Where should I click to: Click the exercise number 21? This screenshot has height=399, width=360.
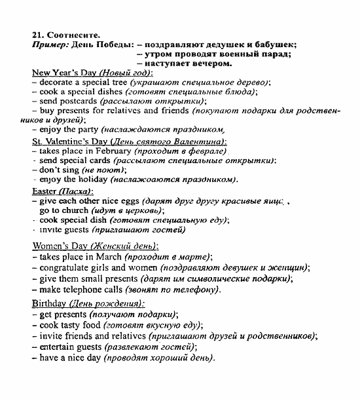coord(37,35)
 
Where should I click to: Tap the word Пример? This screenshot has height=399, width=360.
coord(49,45)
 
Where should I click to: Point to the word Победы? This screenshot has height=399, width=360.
coord(115,45)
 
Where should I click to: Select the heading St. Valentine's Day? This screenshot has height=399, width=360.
coord(70,141)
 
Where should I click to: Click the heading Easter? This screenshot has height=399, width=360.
coord(45,191)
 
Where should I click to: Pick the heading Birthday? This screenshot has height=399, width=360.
coord(49,303)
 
